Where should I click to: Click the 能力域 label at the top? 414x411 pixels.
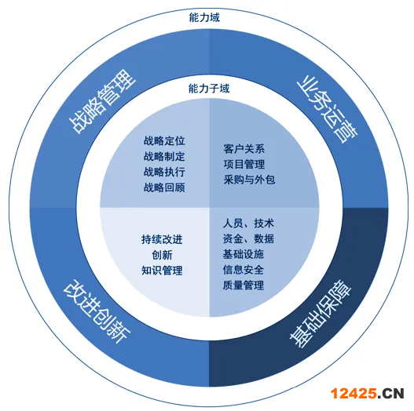(x=204, y=17)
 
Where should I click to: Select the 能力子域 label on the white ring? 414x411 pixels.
(x=209, y=89)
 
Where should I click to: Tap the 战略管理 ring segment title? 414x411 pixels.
(x=102, y=101)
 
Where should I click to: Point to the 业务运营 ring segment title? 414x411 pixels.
(x=327, y=109)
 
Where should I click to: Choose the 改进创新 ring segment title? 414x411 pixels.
(x=97, y=311)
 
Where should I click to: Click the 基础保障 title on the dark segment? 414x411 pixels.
(x=321, y=314)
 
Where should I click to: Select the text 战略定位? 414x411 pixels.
(x=164, y=140)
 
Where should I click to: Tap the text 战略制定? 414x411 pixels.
(x=164, y=156)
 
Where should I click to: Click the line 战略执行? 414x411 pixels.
(x=164, y=172)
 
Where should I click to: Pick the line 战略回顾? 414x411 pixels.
(x=164, y=187)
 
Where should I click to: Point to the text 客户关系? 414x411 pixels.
(x=244, y=149)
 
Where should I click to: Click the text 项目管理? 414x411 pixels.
(x=244, y=164)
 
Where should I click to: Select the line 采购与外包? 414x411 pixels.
(x=249, y=180)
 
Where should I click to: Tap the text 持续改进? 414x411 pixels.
(x=162, y=239)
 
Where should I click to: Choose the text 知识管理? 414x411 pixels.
(x=162, y=271)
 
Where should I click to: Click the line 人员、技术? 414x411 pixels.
(x=248, y=224)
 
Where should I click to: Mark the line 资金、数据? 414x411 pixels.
(x=248, y=238)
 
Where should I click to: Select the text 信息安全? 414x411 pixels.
(x=244, y=270)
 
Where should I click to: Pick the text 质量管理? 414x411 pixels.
(x=244, y=286)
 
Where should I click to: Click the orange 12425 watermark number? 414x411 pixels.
(x=354, y=394)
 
